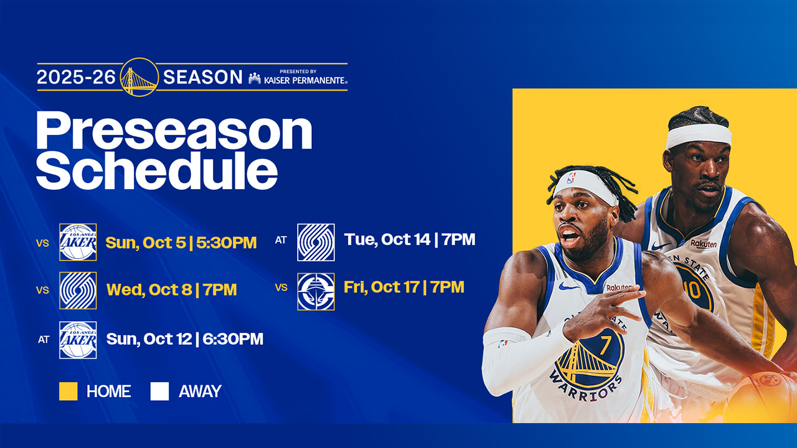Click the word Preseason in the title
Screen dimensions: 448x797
coord(174,131)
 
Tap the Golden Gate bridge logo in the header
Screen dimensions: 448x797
coord(139,77)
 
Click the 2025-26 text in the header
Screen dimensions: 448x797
coord(77,77)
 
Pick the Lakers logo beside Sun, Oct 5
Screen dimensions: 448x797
coord(78,242)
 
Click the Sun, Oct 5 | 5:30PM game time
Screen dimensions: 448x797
coord(181,243)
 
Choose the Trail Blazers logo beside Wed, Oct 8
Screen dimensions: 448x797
coord(78,291)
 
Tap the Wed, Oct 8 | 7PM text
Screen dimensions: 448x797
coord(171,290)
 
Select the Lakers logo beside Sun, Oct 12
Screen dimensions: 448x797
coord(78,340)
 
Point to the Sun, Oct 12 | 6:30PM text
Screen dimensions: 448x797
coord(184,339)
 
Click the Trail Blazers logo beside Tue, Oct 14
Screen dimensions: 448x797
coord(316,242)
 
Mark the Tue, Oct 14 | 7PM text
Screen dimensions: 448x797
coord(409,240)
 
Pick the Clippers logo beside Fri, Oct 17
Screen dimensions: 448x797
coord(316,291)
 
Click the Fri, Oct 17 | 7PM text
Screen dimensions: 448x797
coord(403,287)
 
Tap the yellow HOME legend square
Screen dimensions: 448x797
coord(68,391)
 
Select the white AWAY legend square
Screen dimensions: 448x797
coord(159,391)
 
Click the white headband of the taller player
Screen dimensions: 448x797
coord(699,135)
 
